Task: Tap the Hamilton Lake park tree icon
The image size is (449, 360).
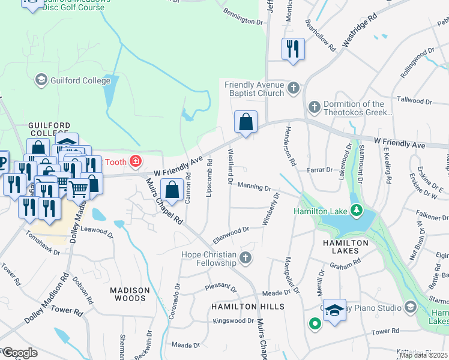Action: click(x=357, y=210)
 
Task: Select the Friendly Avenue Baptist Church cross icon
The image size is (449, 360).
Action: click(x=293, y=89)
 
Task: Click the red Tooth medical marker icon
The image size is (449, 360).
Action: click(x=136, y=161)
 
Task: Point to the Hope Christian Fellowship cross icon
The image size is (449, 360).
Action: click(x=245, y=259)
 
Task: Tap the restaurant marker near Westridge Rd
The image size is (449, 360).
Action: click(x=293, y=49)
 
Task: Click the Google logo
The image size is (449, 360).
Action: click(x=20, y=352)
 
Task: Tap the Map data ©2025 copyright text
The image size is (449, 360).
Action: click(x=423, y=355)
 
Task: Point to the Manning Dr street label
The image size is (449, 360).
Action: click(x=253, y=187)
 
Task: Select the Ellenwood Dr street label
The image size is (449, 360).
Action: click(x=231, y=231)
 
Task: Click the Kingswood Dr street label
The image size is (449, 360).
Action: click(x=234, y=321)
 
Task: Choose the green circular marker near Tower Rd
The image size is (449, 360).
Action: click(x=314, y=324)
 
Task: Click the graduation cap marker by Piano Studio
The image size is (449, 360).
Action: click(x=335, y=310)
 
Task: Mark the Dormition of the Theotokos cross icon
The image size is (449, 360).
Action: click(x=313, y=107)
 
